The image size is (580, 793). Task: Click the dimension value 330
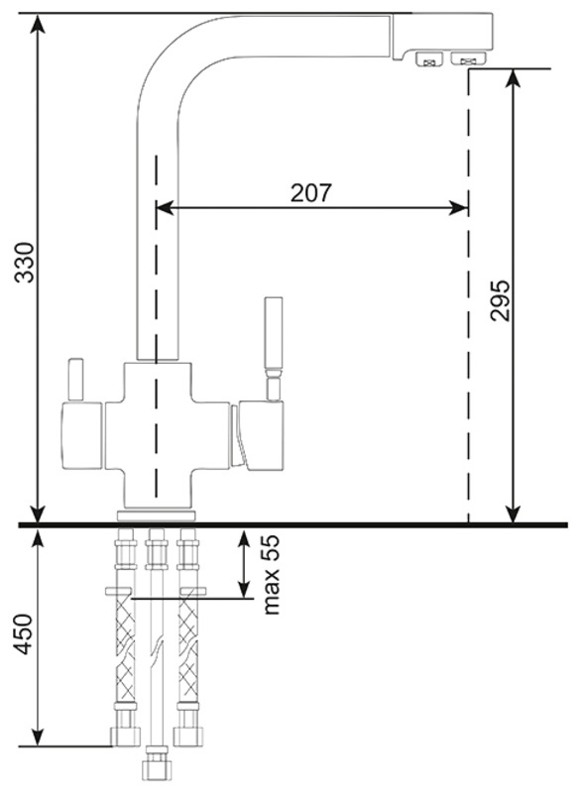pos(24,263)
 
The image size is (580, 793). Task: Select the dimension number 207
pos(311,192)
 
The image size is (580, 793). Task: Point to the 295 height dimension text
pos(500,300)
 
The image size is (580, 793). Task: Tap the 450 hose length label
pos(24,633)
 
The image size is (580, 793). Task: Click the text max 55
pos(271,575)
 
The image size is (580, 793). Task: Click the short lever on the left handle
pos(76,380)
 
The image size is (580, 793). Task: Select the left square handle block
pos(82,435)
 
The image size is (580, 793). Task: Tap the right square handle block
pos(261,435)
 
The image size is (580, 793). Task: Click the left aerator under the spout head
pos(429,59)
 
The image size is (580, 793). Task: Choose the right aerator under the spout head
pos(468,58)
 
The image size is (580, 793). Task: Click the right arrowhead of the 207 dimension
pos(458,207)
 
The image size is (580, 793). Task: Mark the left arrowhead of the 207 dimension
pos(166,207)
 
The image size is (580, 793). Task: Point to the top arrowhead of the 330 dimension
pos(37,24)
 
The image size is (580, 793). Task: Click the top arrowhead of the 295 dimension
pos(514,79)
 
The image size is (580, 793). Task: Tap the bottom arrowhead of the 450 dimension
pos(37,736)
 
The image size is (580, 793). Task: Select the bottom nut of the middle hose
pos(157,768)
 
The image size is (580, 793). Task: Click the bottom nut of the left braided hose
pos(125,736)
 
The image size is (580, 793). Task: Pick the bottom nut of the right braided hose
pos(188,736)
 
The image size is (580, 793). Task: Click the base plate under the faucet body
pos(157,515)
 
